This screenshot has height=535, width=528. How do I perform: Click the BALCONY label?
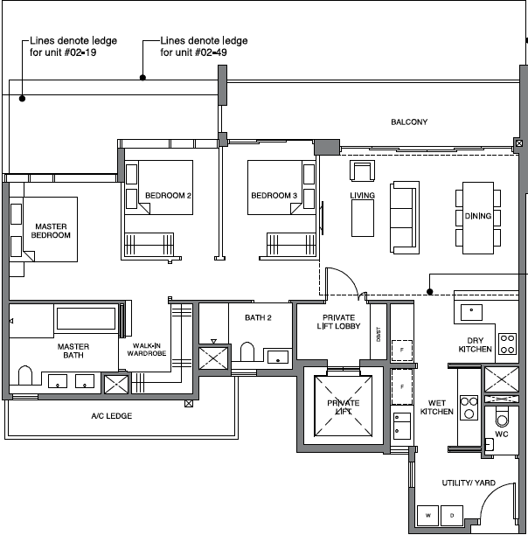click(409, 122)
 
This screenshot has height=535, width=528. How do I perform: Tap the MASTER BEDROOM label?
click(51, 231)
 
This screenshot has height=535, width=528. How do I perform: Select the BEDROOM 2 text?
click(168, 196)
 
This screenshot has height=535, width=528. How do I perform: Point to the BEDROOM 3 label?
click(274, 196)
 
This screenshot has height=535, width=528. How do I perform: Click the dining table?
click(478, 218)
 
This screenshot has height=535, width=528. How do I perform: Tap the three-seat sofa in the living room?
click(405, 218)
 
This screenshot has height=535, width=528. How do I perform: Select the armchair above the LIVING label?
click(362, 170)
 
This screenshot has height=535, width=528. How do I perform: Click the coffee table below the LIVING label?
click(363, 218)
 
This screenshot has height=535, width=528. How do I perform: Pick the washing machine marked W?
click(428, 515)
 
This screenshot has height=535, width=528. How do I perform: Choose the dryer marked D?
click(452, 515)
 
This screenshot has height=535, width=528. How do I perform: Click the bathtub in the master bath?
click(86, 318)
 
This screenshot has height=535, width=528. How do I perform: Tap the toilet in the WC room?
click(502, 417)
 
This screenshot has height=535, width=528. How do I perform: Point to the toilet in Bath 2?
click(247, 351)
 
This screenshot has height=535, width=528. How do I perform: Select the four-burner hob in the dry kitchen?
click(507, 344)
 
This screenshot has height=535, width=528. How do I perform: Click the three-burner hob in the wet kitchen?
click(469, 407)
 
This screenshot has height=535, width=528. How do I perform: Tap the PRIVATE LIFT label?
click(344, 407)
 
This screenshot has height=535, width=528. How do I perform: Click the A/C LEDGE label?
click(112, 416)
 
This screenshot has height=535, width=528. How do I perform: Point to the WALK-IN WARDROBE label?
click(147, 350)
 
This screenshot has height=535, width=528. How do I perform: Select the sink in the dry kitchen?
click(471, 312)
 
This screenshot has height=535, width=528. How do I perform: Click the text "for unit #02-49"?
click(194, 52)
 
